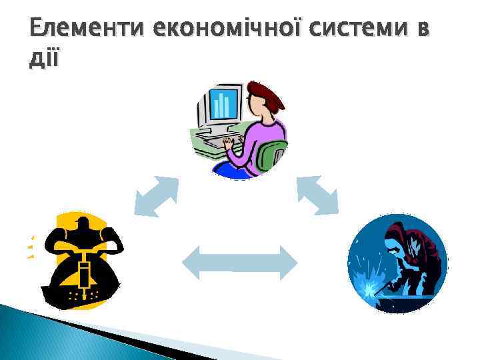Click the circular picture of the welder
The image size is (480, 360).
pyautogui.click(x=397, y=264)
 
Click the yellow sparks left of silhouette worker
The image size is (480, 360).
pyautogui.click(x=30, y=247)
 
